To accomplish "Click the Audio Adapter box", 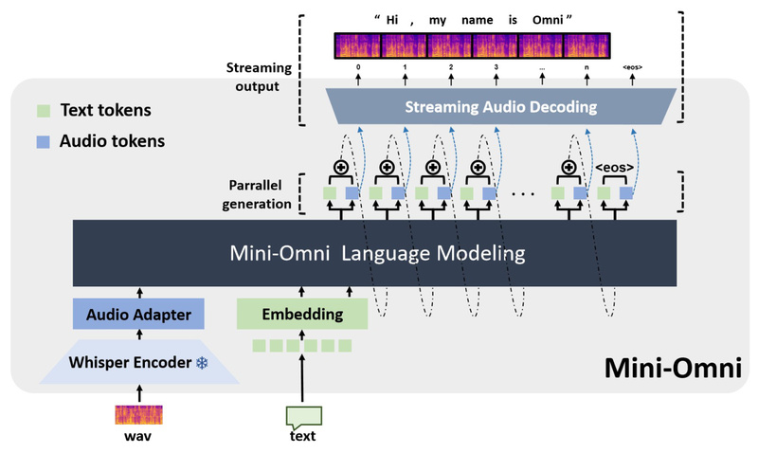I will pyautogui.click(x=139, y=314).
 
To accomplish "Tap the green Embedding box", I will pyautogui.click(x=302, y=314).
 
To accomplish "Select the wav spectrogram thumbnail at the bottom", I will pyautogui.click(x=139, y=413).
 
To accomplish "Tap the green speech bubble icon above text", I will pyautogui.click(x=302, y=414).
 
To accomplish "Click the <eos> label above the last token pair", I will pyautogui.click(x=613, y=172).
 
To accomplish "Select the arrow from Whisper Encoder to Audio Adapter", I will pyautogui.click(x=139, y=335).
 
